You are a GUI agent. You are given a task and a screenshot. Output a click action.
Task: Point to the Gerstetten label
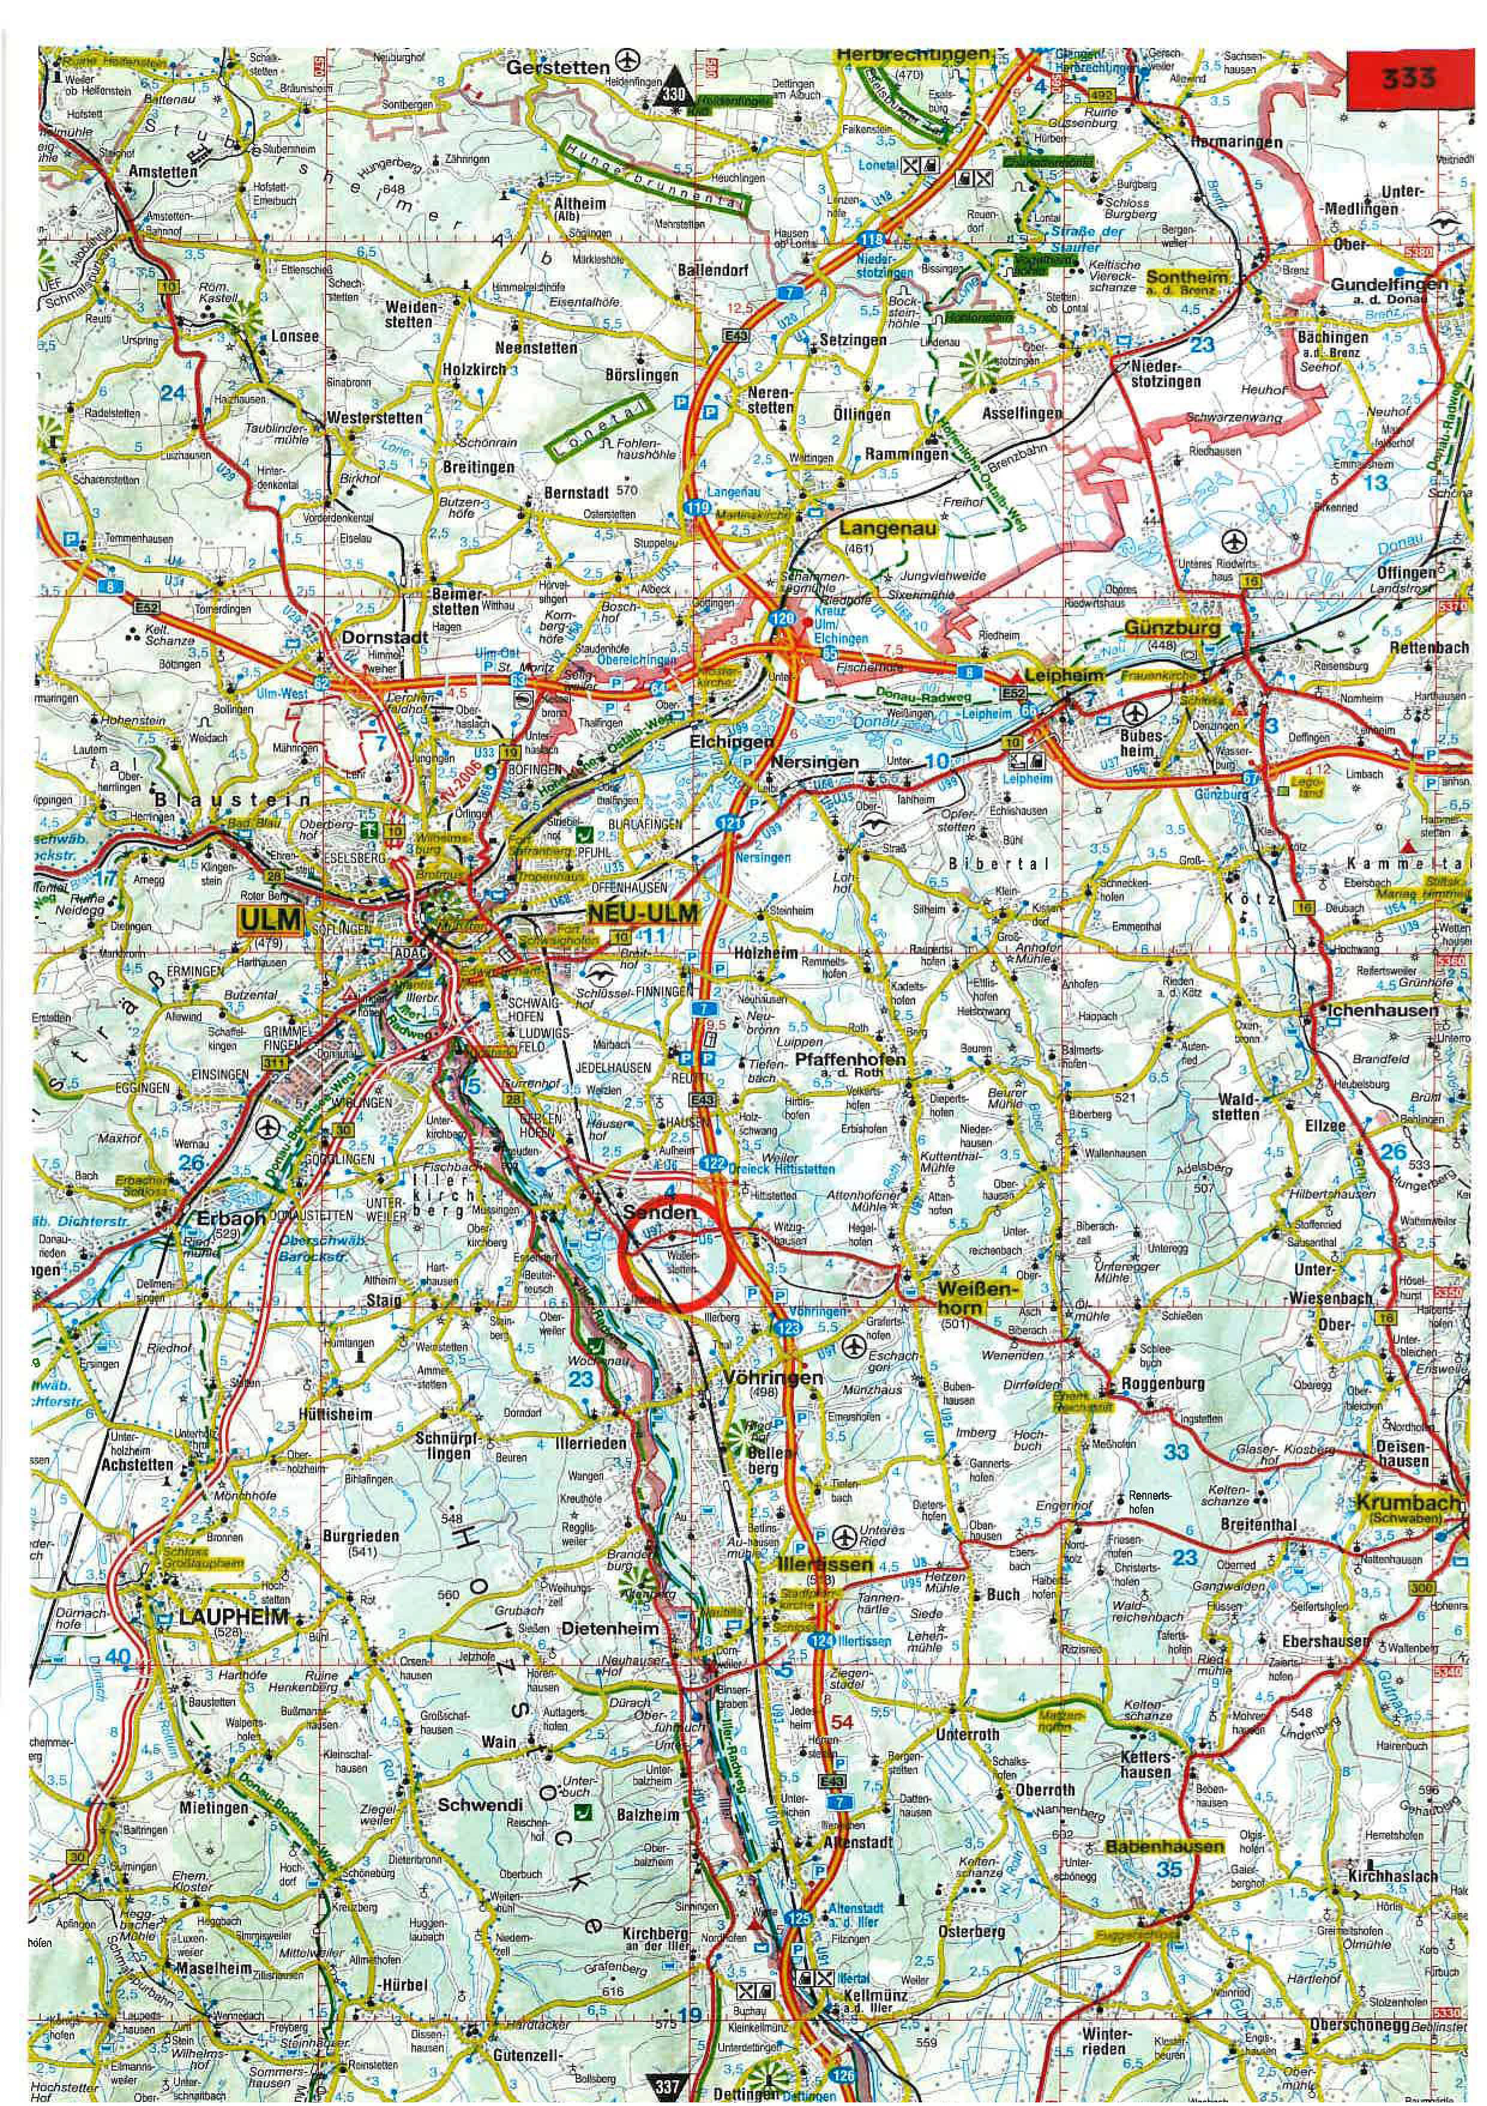point(558,67)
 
